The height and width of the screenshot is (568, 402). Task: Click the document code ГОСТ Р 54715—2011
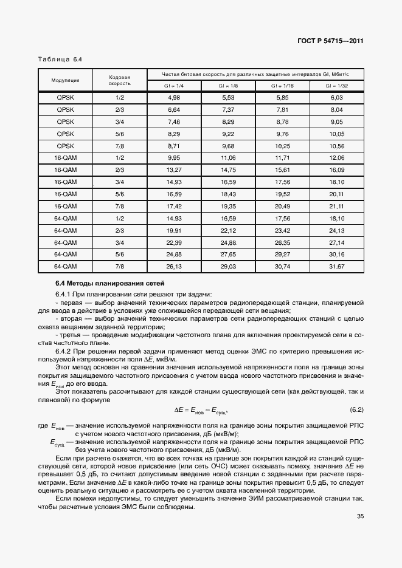point(331,41)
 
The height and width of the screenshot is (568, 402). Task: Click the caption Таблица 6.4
point(60,60)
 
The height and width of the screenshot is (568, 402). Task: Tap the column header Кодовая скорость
point(120,80)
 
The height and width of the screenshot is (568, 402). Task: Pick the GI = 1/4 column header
point(174,86)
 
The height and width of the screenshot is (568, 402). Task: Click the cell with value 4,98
point(174,98)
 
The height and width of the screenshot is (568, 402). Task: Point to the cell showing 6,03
point(336,98)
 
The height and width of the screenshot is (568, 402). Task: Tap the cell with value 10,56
point(336,146)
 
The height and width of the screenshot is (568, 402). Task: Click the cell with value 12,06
point(336,158)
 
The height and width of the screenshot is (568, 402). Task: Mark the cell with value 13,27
point(174,170)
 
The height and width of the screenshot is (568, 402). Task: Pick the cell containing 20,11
point(336,194)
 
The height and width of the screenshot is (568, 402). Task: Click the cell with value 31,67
point(336,266)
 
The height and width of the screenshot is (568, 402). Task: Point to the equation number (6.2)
point(356,409)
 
